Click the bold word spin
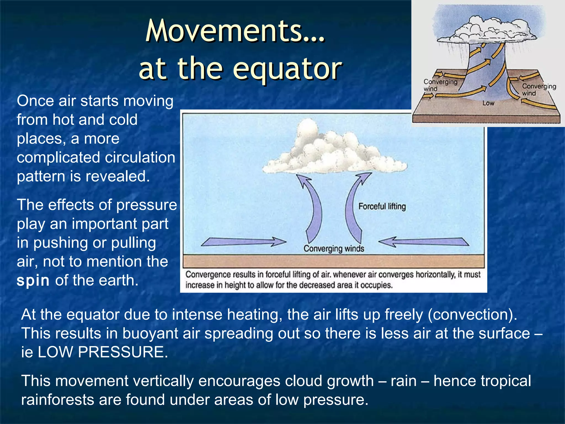point(33,281)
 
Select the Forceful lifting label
point(382,206)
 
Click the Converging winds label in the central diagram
point(334,249)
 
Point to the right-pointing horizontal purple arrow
point(243,242)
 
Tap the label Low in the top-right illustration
point(488,103)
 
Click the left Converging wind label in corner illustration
point(440,85)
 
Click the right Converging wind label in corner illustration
point(539,90)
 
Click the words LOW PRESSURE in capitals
point(103,352)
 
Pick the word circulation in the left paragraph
point(140,158)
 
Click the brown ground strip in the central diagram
point(333,261)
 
